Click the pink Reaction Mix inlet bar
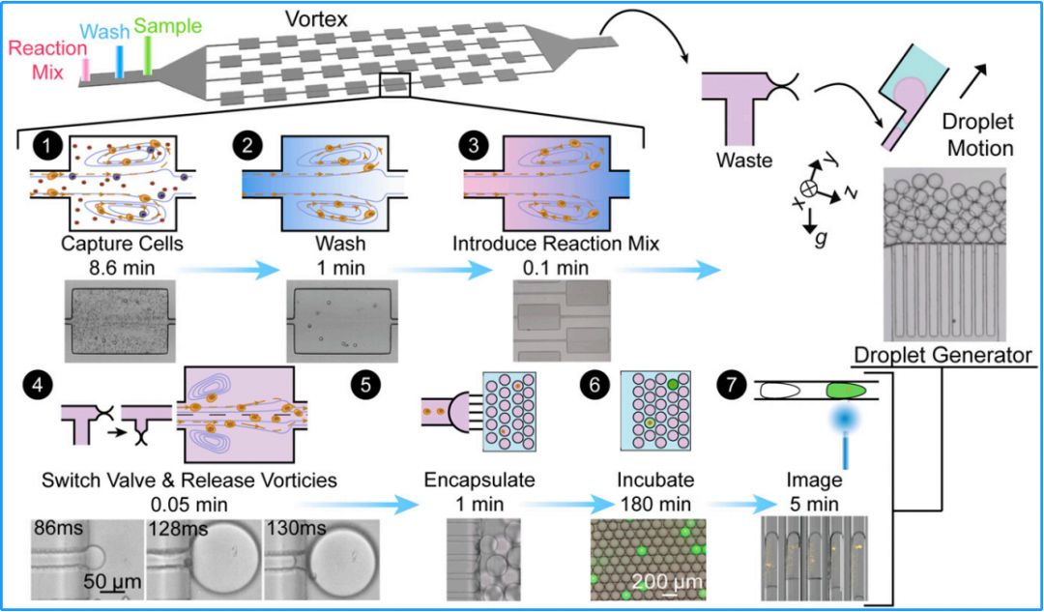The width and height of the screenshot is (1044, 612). pos(87,68)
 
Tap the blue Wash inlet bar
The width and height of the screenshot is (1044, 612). pos(119,60)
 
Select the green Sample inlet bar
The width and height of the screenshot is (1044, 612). pos(148,55)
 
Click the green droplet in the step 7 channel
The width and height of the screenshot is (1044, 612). pos(847,392)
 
